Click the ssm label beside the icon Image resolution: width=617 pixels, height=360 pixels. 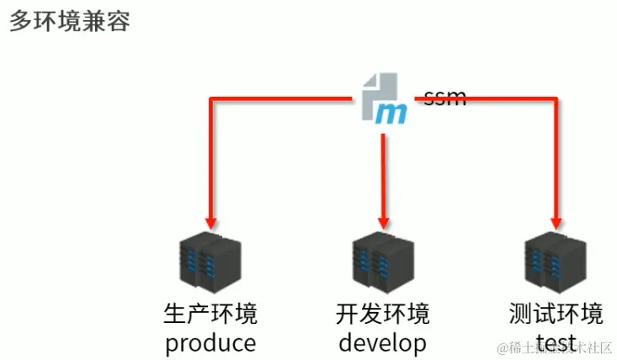coord(444,97)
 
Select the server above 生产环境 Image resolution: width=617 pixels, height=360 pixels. coord(210,262)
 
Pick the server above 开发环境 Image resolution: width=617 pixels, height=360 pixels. coord(382,262)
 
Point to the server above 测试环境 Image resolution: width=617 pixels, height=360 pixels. coord(555,262)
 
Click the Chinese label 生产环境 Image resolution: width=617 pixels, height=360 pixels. coord(210,315)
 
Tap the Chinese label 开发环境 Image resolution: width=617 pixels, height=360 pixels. coord(382,315)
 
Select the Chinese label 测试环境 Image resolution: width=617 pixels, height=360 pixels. coord(556,315)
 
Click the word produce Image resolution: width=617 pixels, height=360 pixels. coord(210,342)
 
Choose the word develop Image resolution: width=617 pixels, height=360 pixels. coord(382,342)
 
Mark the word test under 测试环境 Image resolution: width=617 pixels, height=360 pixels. coord(556,342)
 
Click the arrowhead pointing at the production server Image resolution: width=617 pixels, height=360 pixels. coord(210,223)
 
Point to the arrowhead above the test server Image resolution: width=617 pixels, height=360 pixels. coord(556,223)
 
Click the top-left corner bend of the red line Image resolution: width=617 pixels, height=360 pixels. coord(210,99)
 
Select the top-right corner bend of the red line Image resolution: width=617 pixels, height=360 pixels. coord(556,99)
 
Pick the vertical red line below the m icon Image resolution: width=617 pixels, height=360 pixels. coord(383,172)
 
